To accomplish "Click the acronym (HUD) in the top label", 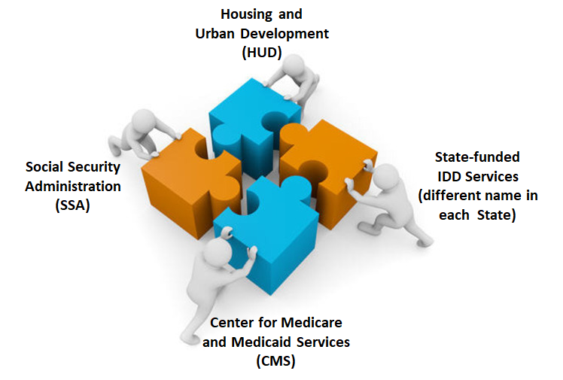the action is [x=262, y=53].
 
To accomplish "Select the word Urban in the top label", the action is [x=215, y=33].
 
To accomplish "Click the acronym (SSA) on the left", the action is [x=72, y=205].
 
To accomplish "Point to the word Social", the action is [x=44, y=167].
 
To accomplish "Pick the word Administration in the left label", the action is [x=73, y=186].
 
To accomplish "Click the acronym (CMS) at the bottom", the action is [x=275, y=360].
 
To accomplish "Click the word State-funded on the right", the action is [x=477, y=157].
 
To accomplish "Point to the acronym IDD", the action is [x=450, y=177].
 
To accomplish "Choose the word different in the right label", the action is [x=453, y=196].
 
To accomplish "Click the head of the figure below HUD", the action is [x=294, y=65].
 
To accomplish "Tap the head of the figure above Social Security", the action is [x=144, y=120].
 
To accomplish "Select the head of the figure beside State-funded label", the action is [x=386, y=176].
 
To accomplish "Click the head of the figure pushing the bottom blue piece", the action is [x=218, y=251].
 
